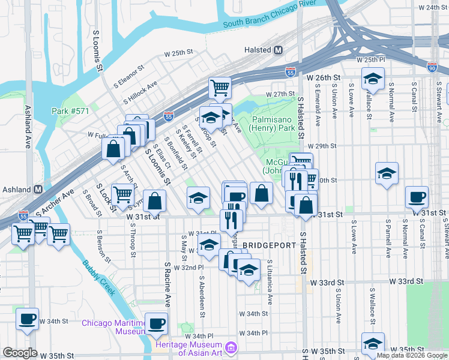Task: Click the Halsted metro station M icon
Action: [278, 51]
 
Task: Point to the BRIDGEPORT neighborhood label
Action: [270, 245]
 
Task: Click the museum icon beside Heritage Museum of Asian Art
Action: [231, 348]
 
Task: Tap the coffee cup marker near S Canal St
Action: [417, 197]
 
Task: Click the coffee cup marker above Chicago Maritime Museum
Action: [157, 323]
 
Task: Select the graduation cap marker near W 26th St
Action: [373, 79]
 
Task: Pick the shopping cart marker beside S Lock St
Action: [122, 194]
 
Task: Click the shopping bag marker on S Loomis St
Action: [155, 201]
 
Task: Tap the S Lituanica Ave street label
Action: [270, 282]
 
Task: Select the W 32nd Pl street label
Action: [190, 267]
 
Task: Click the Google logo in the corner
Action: [20, 353]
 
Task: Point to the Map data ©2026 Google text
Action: [412, 355]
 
